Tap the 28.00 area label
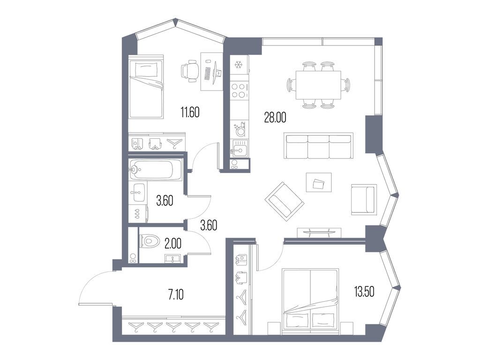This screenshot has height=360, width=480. coord(274,118)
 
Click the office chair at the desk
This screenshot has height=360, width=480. coord(189,72)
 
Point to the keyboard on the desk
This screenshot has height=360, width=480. coord(208,74)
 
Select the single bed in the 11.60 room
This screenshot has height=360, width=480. coord(146,89)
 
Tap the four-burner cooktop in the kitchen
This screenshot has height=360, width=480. coord(240,90)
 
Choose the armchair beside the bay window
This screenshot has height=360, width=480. coord(364,199)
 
